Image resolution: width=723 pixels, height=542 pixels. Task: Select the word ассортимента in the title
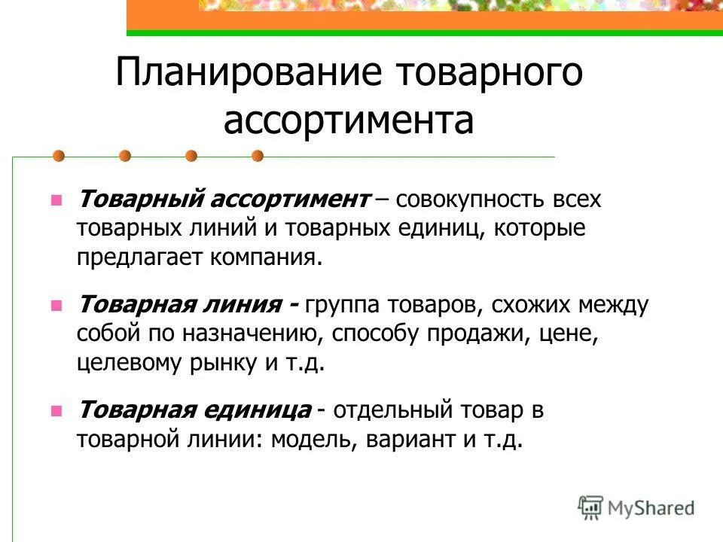point(349,121)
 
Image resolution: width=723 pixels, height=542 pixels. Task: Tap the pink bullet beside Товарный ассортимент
point(55,201)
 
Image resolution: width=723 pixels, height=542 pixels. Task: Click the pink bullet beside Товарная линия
point(55,306)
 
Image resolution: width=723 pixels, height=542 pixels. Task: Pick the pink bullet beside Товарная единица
point(55,411)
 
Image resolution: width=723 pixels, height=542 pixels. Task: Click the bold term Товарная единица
point(194,410)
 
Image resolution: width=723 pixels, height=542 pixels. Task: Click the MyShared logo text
point(651,507)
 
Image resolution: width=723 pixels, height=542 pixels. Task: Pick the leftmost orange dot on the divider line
point(58,157)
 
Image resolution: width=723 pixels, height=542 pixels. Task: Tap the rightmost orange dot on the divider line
point(258,157)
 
